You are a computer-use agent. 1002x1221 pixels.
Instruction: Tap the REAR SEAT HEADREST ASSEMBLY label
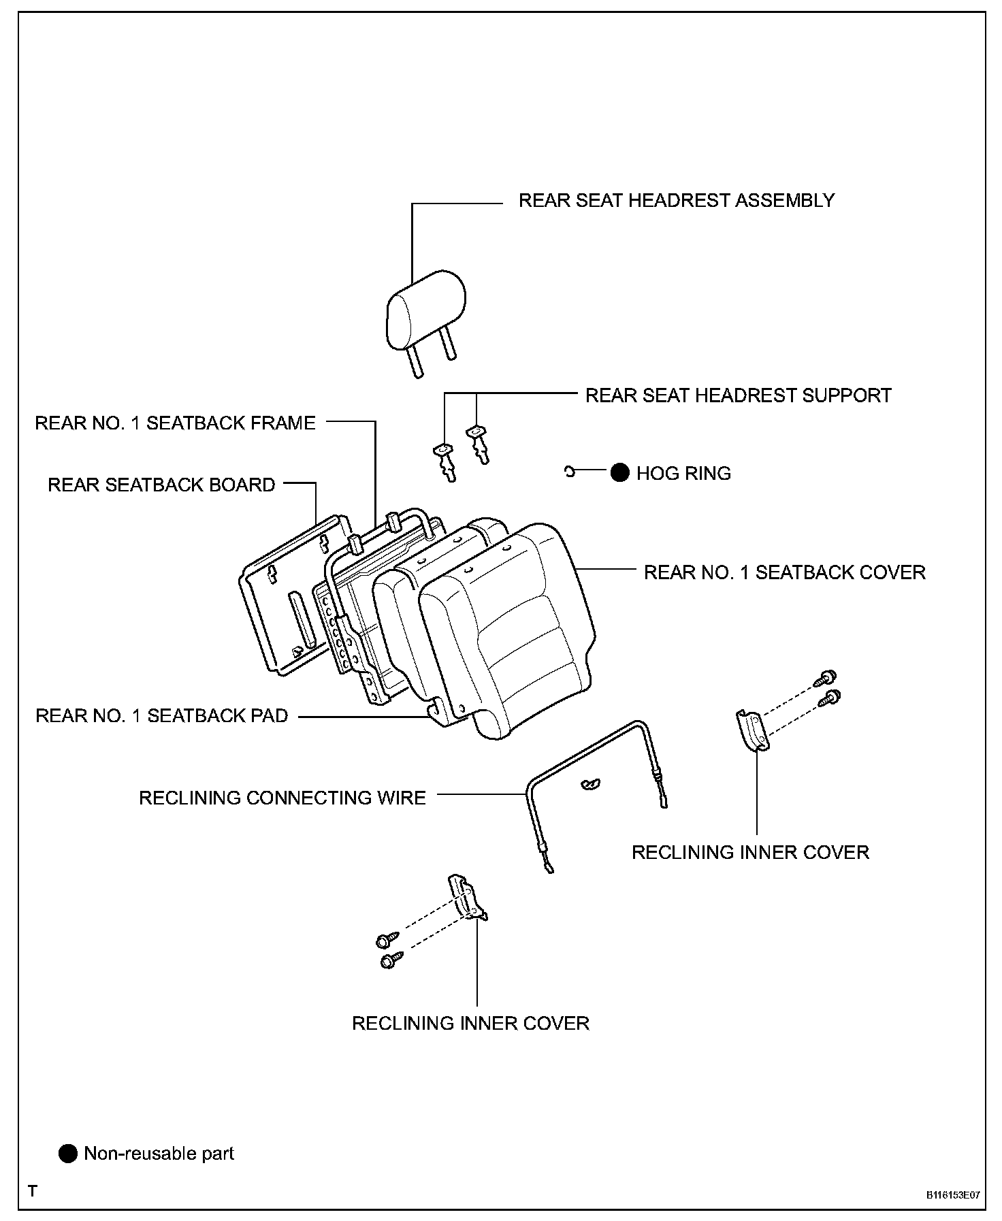click(676, 200)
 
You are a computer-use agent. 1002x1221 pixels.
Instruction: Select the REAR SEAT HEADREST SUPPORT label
click(738, 395)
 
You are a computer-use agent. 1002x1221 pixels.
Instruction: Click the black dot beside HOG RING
click(619, 473)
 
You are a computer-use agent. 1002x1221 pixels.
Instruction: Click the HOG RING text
click(683, 474)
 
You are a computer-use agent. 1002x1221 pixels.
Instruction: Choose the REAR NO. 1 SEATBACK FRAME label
click(175, 423)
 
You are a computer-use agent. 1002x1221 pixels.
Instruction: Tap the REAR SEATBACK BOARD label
click(161, 485)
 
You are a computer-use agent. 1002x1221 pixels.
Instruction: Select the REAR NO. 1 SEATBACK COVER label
click(784, 572)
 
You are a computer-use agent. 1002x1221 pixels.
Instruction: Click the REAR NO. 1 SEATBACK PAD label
click(161, 716)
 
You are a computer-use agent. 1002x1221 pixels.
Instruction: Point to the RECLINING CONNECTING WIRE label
click(282, 798)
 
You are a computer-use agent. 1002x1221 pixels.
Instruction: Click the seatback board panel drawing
click(286, 599)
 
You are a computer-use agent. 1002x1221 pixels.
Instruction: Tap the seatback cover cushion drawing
click(511, 633)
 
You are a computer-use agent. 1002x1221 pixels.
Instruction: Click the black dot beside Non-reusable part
click(68, 1154)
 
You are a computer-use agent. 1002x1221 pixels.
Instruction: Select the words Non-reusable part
click(159, 1154)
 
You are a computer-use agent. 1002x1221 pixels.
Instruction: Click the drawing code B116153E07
click(952, 1194)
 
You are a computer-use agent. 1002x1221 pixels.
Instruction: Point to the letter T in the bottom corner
click(32, 1191)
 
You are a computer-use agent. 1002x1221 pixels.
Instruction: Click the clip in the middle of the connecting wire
click(589, 785)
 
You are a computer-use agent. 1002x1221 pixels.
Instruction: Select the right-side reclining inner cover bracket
click(752, 731)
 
